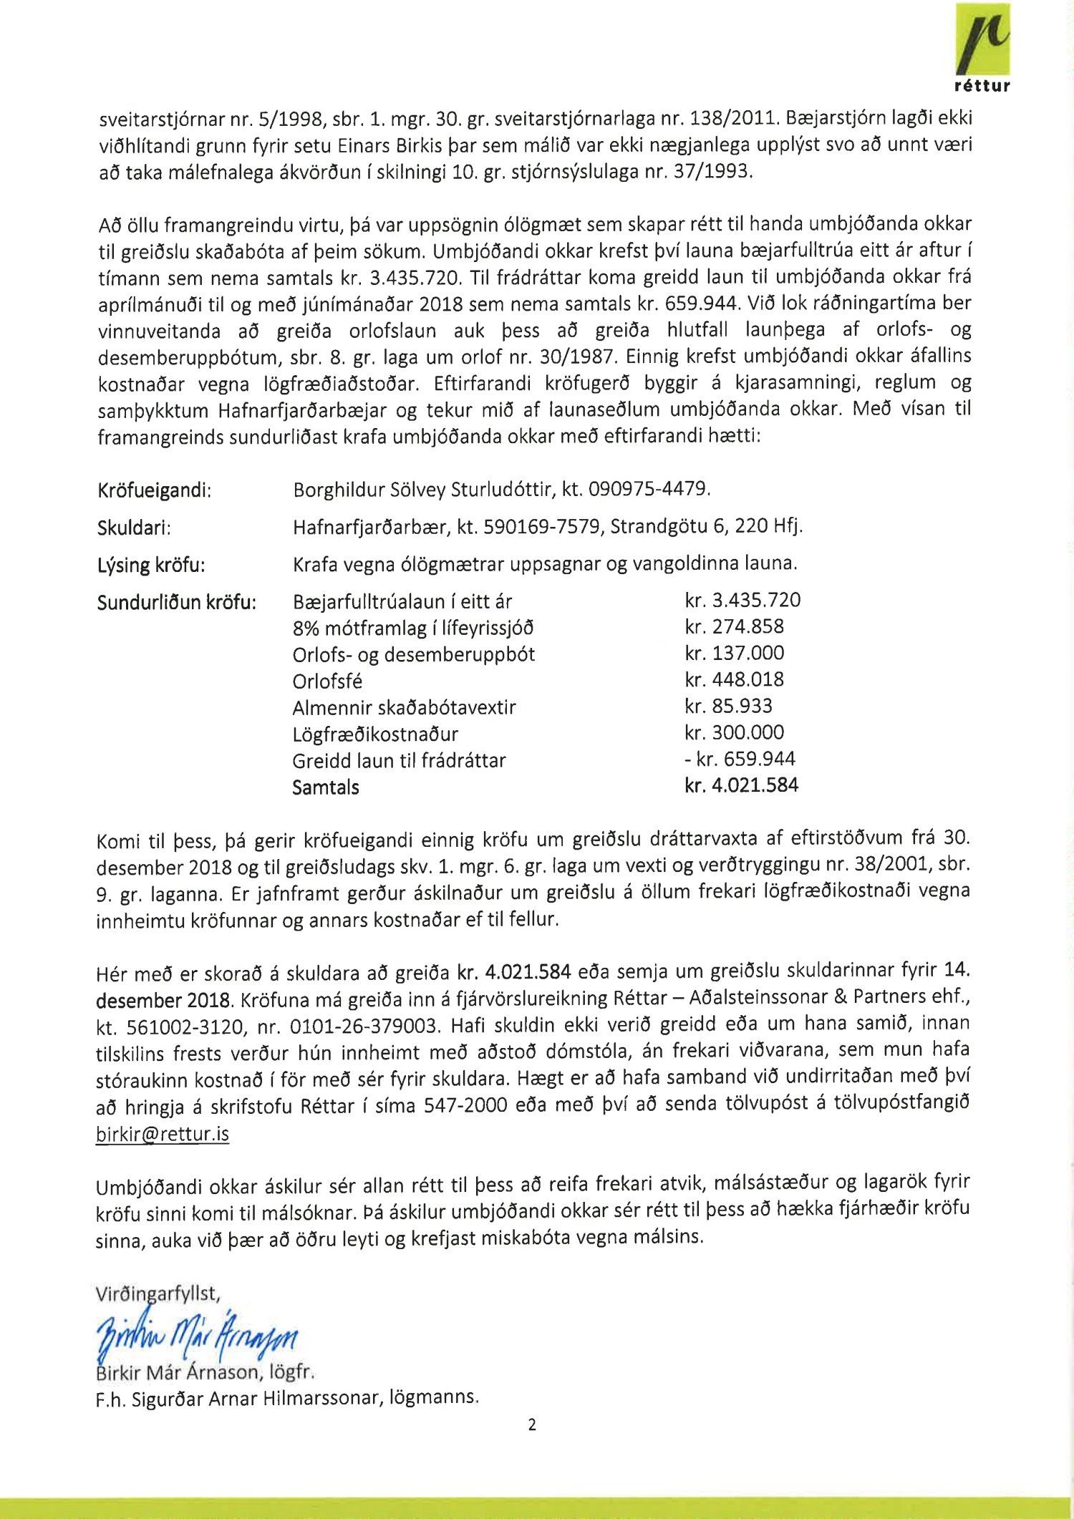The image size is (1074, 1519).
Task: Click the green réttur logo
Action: (x=982, y=46)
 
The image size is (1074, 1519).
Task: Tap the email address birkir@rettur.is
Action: (x=163, y=1134)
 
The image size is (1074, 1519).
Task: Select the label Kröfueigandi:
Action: (x=154, y=490)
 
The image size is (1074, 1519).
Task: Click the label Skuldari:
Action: (x=134, y=528)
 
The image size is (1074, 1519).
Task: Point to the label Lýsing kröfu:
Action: (x=151, y=565)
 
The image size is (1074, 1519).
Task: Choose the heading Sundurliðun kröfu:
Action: (x=176, y=602)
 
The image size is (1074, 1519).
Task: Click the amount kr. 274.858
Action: (x=734, y=626)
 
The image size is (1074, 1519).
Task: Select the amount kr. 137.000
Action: (x=734, y=653)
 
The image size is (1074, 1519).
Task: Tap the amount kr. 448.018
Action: (x=734, y=679)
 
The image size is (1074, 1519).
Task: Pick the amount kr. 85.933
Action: (x=728, y=706)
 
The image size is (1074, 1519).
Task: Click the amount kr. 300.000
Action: (x=734, y=732)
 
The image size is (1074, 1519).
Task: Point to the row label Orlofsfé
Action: (x=327, y=681)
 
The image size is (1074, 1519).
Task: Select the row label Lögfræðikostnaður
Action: (x=375, y=734)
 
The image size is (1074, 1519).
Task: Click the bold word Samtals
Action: (x=326, y=787)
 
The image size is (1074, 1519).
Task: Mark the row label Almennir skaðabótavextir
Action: (x=404, y=707)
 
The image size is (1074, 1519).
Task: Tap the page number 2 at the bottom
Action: (x=531, y=1425)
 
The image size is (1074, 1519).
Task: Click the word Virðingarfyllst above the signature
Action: (x=158, y=1293)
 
